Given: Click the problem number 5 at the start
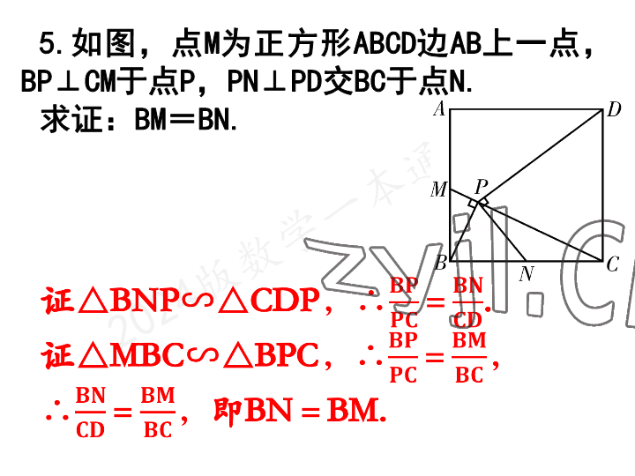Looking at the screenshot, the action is [x=49, y=42].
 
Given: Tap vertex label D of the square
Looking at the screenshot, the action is [x=614, y=110].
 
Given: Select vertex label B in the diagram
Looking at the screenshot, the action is [x=440, y=262].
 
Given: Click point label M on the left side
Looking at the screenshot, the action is [x=438, y=190].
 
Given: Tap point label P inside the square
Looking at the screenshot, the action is [x=482, y=186].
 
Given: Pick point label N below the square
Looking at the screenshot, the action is [x=527, y=274].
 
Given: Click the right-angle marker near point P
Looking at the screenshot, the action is [x=477, y=204].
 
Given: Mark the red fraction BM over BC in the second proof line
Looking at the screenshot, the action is [x=469, y=358].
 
